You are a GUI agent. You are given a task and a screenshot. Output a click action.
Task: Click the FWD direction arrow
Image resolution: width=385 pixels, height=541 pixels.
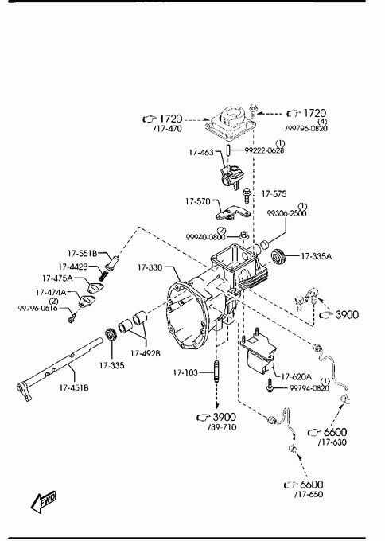(44, 500)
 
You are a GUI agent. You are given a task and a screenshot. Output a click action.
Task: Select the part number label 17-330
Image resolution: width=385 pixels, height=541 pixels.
(150, 267)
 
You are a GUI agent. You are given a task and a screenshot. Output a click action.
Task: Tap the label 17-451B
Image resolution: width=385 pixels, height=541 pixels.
(74, 387)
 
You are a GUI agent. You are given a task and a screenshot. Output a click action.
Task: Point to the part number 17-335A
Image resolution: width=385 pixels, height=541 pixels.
(317, 256)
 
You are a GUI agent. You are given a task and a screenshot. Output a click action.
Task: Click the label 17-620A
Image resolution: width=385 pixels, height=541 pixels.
(297, 376)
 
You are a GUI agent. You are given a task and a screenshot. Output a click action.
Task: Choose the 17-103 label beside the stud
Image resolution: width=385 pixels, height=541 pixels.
(186, 372)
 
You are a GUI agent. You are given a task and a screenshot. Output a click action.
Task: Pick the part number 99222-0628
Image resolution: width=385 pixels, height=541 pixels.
(265, 150)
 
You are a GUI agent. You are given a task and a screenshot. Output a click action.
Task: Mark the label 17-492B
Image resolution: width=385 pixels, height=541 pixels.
(146, 353)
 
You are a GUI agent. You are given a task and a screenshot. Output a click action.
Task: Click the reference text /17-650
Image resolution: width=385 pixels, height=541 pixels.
(309, 494)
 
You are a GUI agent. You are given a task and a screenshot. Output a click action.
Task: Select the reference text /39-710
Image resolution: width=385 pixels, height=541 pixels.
(222, 427)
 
